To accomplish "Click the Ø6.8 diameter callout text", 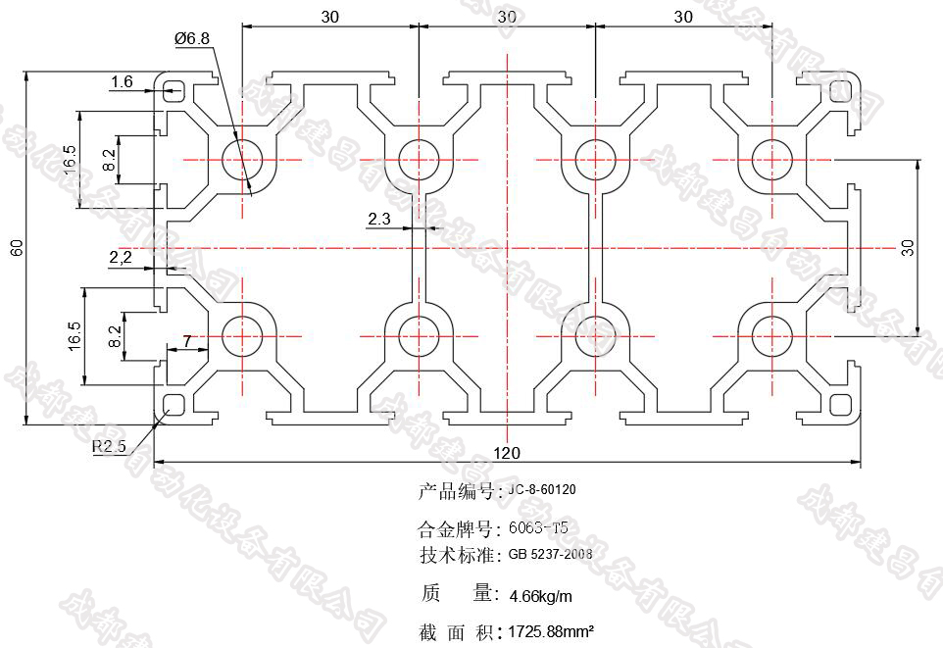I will [x=191, y=38].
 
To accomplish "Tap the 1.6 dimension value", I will [x=122, y=82].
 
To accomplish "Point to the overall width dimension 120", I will [x=506, y=453].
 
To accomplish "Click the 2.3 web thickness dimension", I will [x=379, y=220].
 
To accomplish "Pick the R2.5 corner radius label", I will [x=110, y=447].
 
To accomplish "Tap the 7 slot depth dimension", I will [x=187, y=342].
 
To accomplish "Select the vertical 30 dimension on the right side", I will [x=908, y=247].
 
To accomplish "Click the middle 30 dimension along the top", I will [x=506, y=17].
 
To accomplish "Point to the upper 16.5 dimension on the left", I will [x=69, y=161].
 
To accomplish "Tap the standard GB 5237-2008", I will [x=550, y=554].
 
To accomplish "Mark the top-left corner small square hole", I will [x=174, y=90].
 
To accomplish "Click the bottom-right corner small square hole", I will [x=841, y=404].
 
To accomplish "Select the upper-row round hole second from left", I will [x=418, y=158].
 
